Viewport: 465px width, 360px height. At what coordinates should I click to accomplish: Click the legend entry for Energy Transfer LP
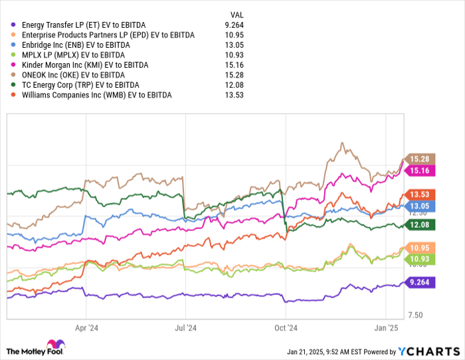(83, 25)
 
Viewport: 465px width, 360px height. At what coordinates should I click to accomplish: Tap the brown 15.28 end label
(420, 159)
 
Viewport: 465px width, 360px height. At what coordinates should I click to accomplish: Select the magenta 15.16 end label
(420, 171)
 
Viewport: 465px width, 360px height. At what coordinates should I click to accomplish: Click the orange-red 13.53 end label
(420, 194)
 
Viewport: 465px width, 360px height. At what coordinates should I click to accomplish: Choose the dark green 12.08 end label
(420, 226)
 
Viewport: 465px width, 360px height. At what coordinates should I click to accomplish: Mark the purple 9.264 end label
(421, 282)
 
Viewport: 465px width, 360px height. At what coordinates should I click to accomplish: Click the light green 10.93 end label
(420, 259)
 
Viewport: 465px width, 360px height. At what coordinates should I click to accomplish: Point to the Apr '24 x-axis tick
(87, 327)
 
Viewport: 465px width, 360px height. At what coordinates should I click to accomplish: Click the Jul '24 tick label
(187, 327)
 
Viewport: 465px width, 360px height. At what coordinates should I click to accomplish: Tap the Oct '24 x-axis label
(286, 327)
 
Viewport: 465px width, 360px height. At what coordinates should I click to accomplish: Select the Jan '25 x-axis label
(387, 327)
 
